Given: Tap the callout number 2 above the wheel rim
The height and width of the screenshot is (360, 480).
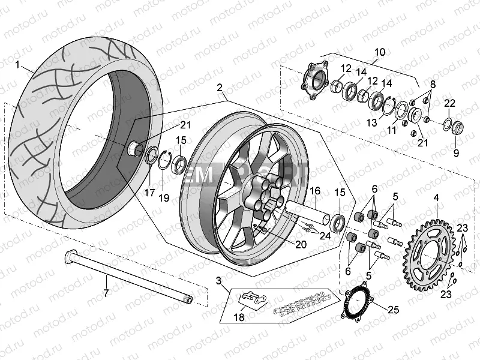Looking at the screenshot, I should coord(220,88).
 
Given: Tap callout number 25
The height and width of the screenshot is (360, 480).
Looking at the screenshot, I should coord(392,310).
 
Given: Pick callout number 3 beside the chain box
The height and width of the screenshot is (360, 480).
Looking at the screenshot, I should coord(219,280).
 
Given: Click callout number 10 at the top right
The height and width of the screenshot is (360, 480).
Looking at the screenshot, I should coord(379,52).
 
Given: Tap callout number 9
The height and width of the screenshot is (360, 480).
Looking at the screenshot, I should coord(455,153).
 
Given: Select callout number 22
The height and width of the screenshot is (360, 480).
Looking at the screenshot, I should coord(450,103).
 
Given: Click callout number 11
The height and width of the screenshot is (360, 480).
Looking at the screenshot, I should coord(391,130).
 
